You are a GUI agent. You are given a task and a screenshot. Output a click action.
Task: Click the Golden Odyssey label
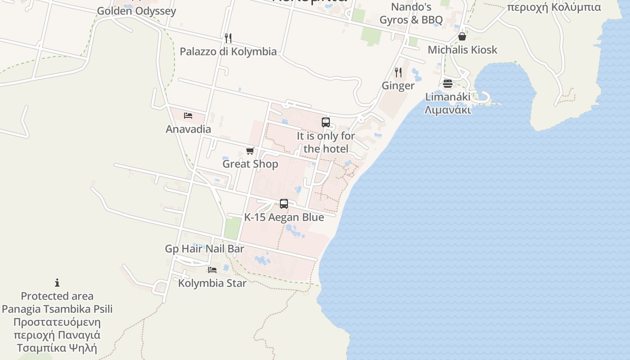(136, 11)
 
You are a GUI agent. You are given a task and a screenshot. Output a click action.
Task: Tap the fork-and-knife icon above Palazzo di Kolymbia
(228, 38)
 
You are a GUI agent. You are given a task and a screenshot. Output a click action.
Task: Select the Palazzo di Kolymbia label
(228, 51)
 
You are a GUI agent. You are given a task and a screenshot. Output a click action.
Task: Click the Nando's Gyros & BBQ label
(411, 13)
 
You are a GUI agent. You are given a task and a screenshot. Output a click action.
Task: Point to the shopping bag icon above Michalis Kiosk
(462, 36)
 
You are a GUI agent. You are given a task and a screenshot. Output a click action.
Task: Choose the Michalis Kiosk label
(462, 49)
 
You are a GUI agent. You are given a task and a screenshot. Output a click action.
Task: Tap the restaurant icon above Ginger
(398, 72)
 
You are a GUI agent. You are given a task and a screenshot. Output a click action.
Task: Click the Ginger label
(398, 85)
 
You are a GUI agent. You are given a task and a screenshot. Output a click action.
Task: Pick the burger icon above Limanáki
(447, 83)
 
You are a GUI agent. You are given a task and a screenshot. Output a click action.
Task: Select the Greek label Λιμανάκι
(448, 109)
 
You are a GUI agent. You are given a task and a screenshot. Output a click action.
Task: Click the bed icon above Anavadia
(188, 116)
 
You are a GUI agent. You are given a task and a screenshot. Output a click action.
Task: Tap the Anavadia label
(188, 129)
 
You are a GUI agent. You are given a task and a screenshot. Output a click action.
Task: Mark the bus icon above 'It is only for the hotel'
(326, 122)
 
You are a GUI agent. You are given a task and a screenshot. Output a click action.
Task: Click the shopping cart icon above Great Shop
(250, 151)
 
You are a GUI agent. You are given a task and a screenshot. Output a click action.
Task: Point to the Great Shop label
(250, 164)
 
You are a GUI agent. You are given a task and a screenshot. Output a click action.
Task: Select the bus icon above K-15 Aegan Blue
(284, 204)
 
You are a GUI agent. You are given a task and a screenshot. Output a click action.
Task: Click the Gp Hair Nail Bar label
(204, 249)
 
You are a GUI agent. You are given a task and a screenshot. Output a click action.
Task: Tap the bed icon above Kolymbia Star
(212, 270)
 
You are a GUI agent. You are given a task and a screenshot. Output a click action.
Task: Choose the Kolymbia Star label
(212, 283)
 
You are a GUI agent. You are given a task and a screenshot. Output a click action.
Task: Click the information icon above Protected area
(57, 283)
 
